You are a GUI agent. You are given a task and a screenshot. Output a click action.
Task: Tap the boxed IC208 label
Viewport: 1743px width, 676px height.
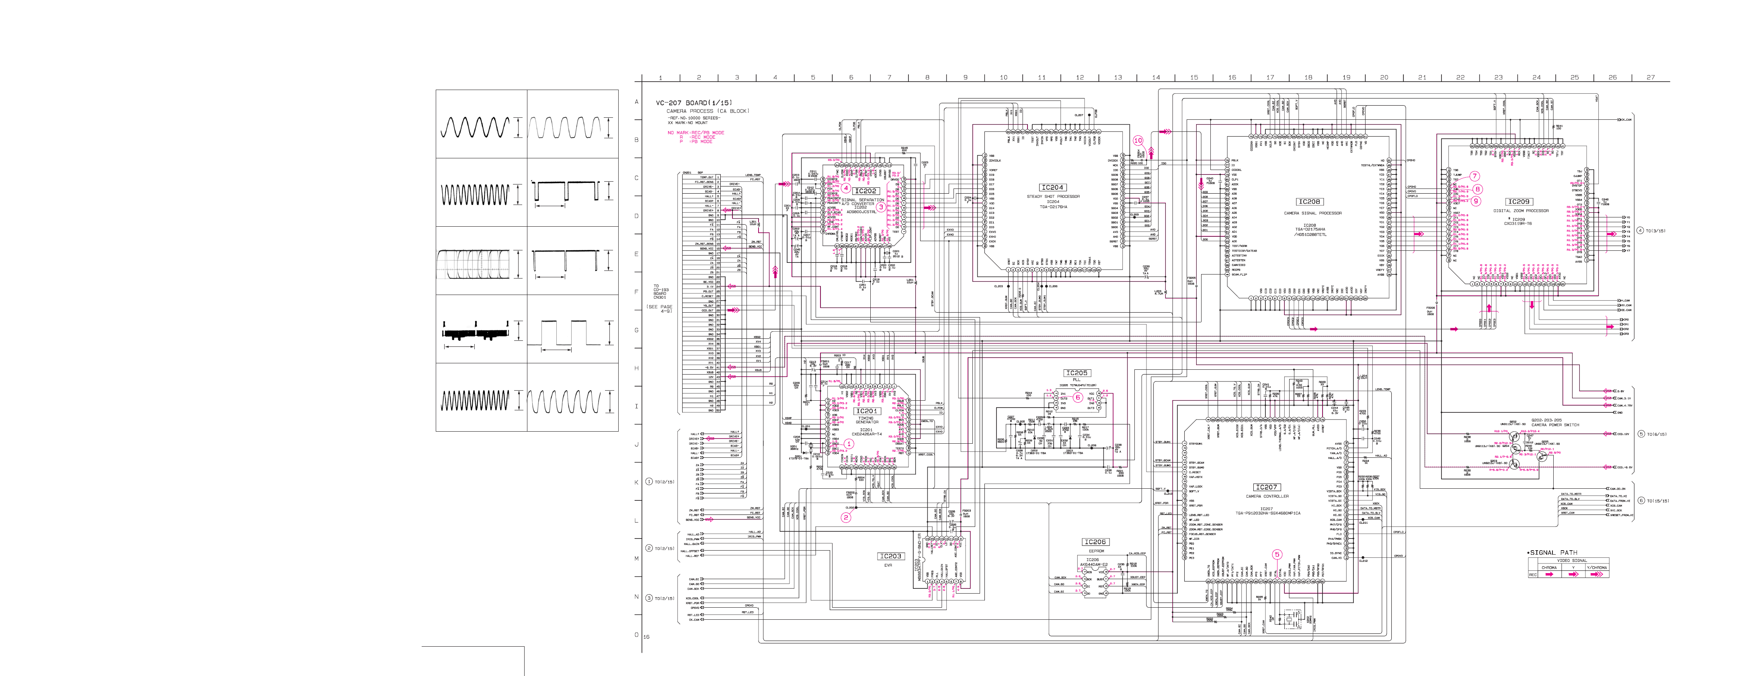point(1308,202)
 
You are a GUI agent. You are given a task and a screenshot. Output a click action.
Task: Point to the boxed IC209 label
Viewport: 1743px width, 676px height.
point(1518,202)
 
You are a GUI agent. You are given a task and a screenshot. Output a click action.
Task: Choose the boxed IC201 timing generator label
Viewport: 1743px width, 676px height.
point(866,411)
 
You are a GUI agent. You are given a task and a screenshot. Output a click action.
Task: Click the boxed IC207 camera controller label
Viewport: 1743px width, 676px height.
point(1266,487)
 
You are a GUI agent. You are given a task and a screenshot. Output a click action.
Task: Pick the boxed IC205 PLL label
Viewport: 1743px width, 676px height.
point(1077,373)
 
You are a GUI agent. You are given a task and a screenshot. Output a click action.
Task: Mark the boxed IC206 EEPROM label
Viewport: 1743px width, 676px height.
point(1095,542)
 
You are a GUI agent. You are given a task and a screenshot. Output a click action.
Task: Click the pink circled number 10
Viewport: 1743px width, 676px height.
point(1138,141)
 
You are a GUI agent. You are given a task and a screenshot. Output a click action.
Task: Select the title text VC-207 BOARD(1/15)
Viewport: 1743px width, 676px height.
point(693,103)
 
